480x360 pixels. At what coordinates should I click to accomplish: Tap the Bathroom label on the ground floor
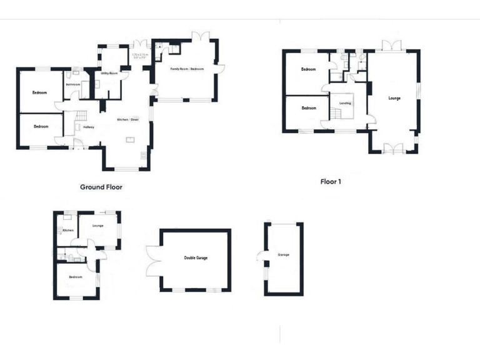[x=73, y=84]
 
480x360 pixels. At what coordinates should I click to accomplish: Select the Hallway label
[x=88, y=127]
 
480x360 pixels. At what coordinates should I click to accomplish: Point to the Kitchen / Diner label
[x=127, y=119]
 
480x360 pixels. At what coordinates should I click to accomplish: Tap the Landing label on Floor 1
[x=344, y=103]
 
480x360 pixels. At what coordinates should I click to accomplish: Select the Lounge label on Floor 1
[x=394, y=98]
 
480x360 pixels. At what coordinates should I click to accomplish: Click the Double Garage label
[x=196, y=257]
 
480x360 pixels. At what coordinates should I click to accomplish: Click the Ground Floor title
[x=101, y=187]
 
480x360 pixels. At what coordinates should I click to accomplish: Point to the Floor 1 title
[x=331, y=182]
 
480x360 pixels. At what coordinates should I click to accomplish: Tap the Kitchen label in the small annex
[x=68, y=231]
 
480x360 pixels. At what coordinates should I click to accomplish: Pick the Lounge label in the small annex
[x=97, y=226]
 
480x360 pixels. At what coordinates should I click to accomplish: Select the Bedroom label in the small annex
[x=76, y=277]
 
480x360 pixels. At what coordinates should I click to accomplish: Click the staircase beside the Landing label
[x=336, y=113]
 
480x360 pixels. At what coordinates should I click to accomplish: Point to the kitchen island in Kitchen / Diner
[x=129, y=140]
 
